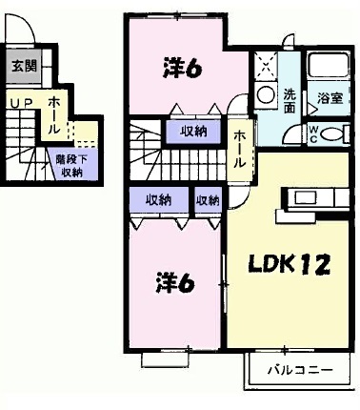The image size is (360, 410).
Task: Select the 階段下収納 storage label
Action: point(72,167)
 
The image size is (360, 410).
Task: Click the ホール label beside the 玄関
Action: point(55,112)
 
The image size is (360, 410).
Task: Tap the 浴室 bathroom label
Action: point(330,98)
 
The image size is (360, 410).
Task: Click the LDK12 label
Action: point(290,264)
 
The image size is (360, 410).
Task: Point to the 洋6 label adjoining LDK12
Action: point(177,283)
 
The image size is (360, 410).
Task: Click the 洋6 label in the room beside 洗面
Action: point(180,68)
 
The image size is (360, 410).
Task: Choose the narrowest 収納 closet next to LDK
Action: point(208,200)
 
